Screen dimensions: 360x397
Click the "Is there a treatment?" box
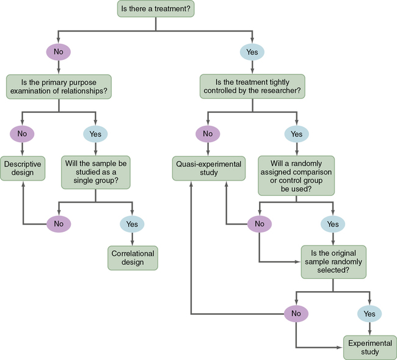pyautogui.click(x=155, y=9)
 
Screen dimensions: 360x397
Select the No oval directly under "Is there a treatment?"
pyautogui.click(x=59, y=52)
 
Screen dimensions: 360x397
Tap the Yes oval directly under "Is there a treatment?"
pyautogui.click(x=252, y=52)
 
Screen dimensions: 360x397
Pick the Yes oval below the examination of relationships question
pyautogui.click(x=95, y=134)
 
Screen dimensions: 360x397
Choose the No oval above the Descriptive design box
pyautogui.click(x=22, y=134)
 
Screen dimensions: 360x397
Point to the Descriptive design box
pyautogui.click(x=23, y=168)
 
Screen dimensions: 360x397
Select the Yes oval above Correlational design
pyautogui.click(x=132, y=224)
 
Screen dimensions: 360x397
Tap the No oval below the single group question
pyautogui.click(x=59, y=224)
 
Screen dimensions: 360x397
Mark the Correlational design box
pyautogui.click(x=132, y=257)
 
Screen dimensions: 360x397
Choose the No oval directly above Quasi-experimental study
pyautogui.click(x=208, y=134)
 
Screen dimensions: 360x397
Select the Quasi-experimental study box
pyautogui.click(x=208, y=168)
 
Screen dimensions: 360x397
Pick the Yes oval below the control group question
pyautogui.click(x=333, y=224)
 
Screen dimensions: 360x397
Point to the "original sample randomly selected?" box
pyautogui.click(x=333, y=262)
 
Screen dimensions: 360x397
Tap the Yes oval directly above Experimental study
pyautogui.click(x=370, y=314)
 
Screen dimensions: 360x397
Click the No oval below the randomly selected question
pyautogui.click(x=296, y=314)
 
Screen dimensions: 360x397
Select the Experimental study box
pyautogui.click(x=370, y=347)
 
